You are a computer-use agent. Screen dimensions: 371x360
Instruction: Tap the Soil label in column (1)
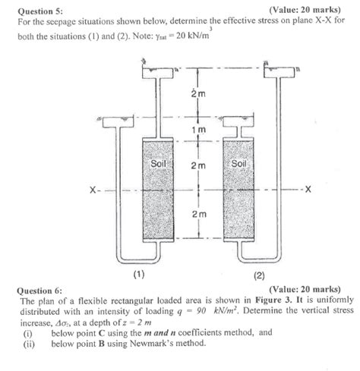click(159, 163)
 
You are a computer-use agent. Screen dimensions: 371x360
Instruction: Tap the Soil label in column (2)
click(238, 163)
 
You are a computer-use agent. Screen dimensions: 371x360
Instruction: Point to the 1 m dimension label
click(197, 131)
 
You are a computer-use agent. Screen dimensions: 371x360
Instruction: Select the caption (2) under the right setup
click(257, 275)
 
